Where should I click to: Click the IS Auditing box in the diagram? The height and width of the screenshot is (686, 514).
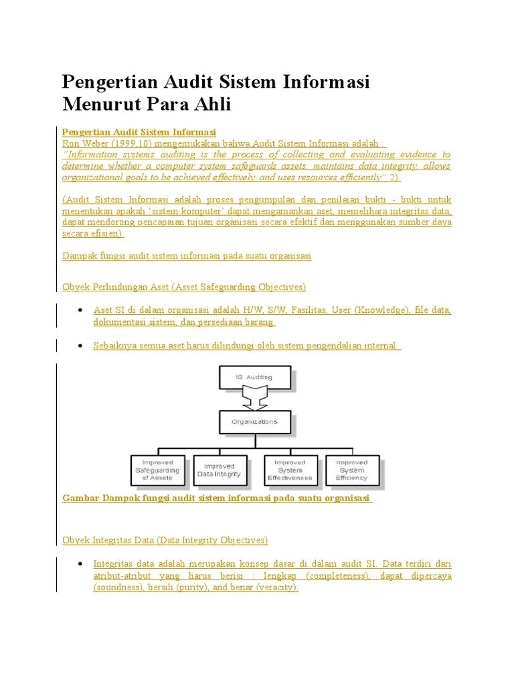254,377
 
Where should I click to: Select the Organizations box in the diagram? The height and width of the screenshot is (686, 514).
254,422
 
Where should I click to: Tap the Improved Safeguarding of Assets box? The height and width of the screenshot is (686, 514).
157,470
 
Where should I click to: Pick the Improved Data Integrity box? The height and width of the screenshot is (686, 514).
220,470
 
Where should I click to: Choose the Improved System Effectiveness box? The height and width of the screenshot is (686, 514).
290,470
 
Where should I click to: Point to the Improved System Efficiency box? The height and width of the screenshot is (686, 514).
352,470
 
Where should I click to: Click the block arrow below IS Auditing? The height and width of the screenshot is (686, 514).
254,400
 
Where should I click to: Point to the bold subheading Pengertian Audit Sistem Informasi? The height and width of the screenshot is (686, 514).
139,132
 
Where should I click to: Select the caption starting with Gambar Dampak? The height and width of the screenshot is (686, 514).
217,499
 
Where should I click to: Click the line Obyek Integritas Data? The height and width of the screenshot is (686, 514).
165,540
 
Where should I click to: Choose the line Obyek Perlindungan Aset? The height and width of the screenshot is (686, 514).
184,287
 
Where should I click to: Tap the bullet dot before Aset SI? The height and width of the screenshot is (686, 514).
80,311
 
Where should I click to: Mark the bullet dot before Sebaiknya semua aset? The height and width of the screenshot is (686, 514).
80,346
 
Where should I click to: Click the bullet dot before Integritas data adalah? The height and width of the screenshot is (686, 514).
80,564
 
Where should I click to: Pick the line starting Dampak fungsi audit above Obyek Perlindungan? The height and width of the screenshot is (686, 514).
187,256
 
